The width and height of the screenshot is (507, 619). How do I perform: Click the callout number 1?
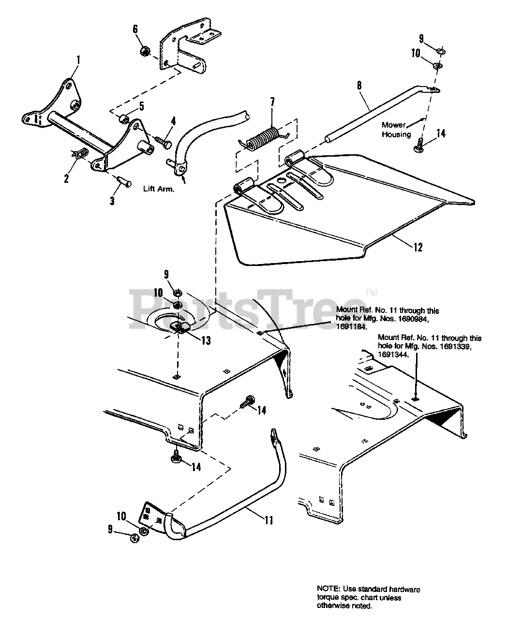coord(78,60)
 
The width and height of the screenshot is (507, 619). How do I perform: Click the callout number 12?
coord(418,248)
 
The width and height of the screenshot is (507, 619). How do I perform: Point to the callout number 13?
coord(206,340)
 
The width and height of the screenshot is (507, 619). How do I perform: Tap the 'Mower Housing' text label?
coord(396,130)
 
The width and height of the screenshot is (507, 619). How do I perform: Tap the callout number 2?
coord(66,178)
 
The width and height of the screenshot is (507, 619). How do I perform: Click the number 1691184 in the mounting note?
coord(351,326)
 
